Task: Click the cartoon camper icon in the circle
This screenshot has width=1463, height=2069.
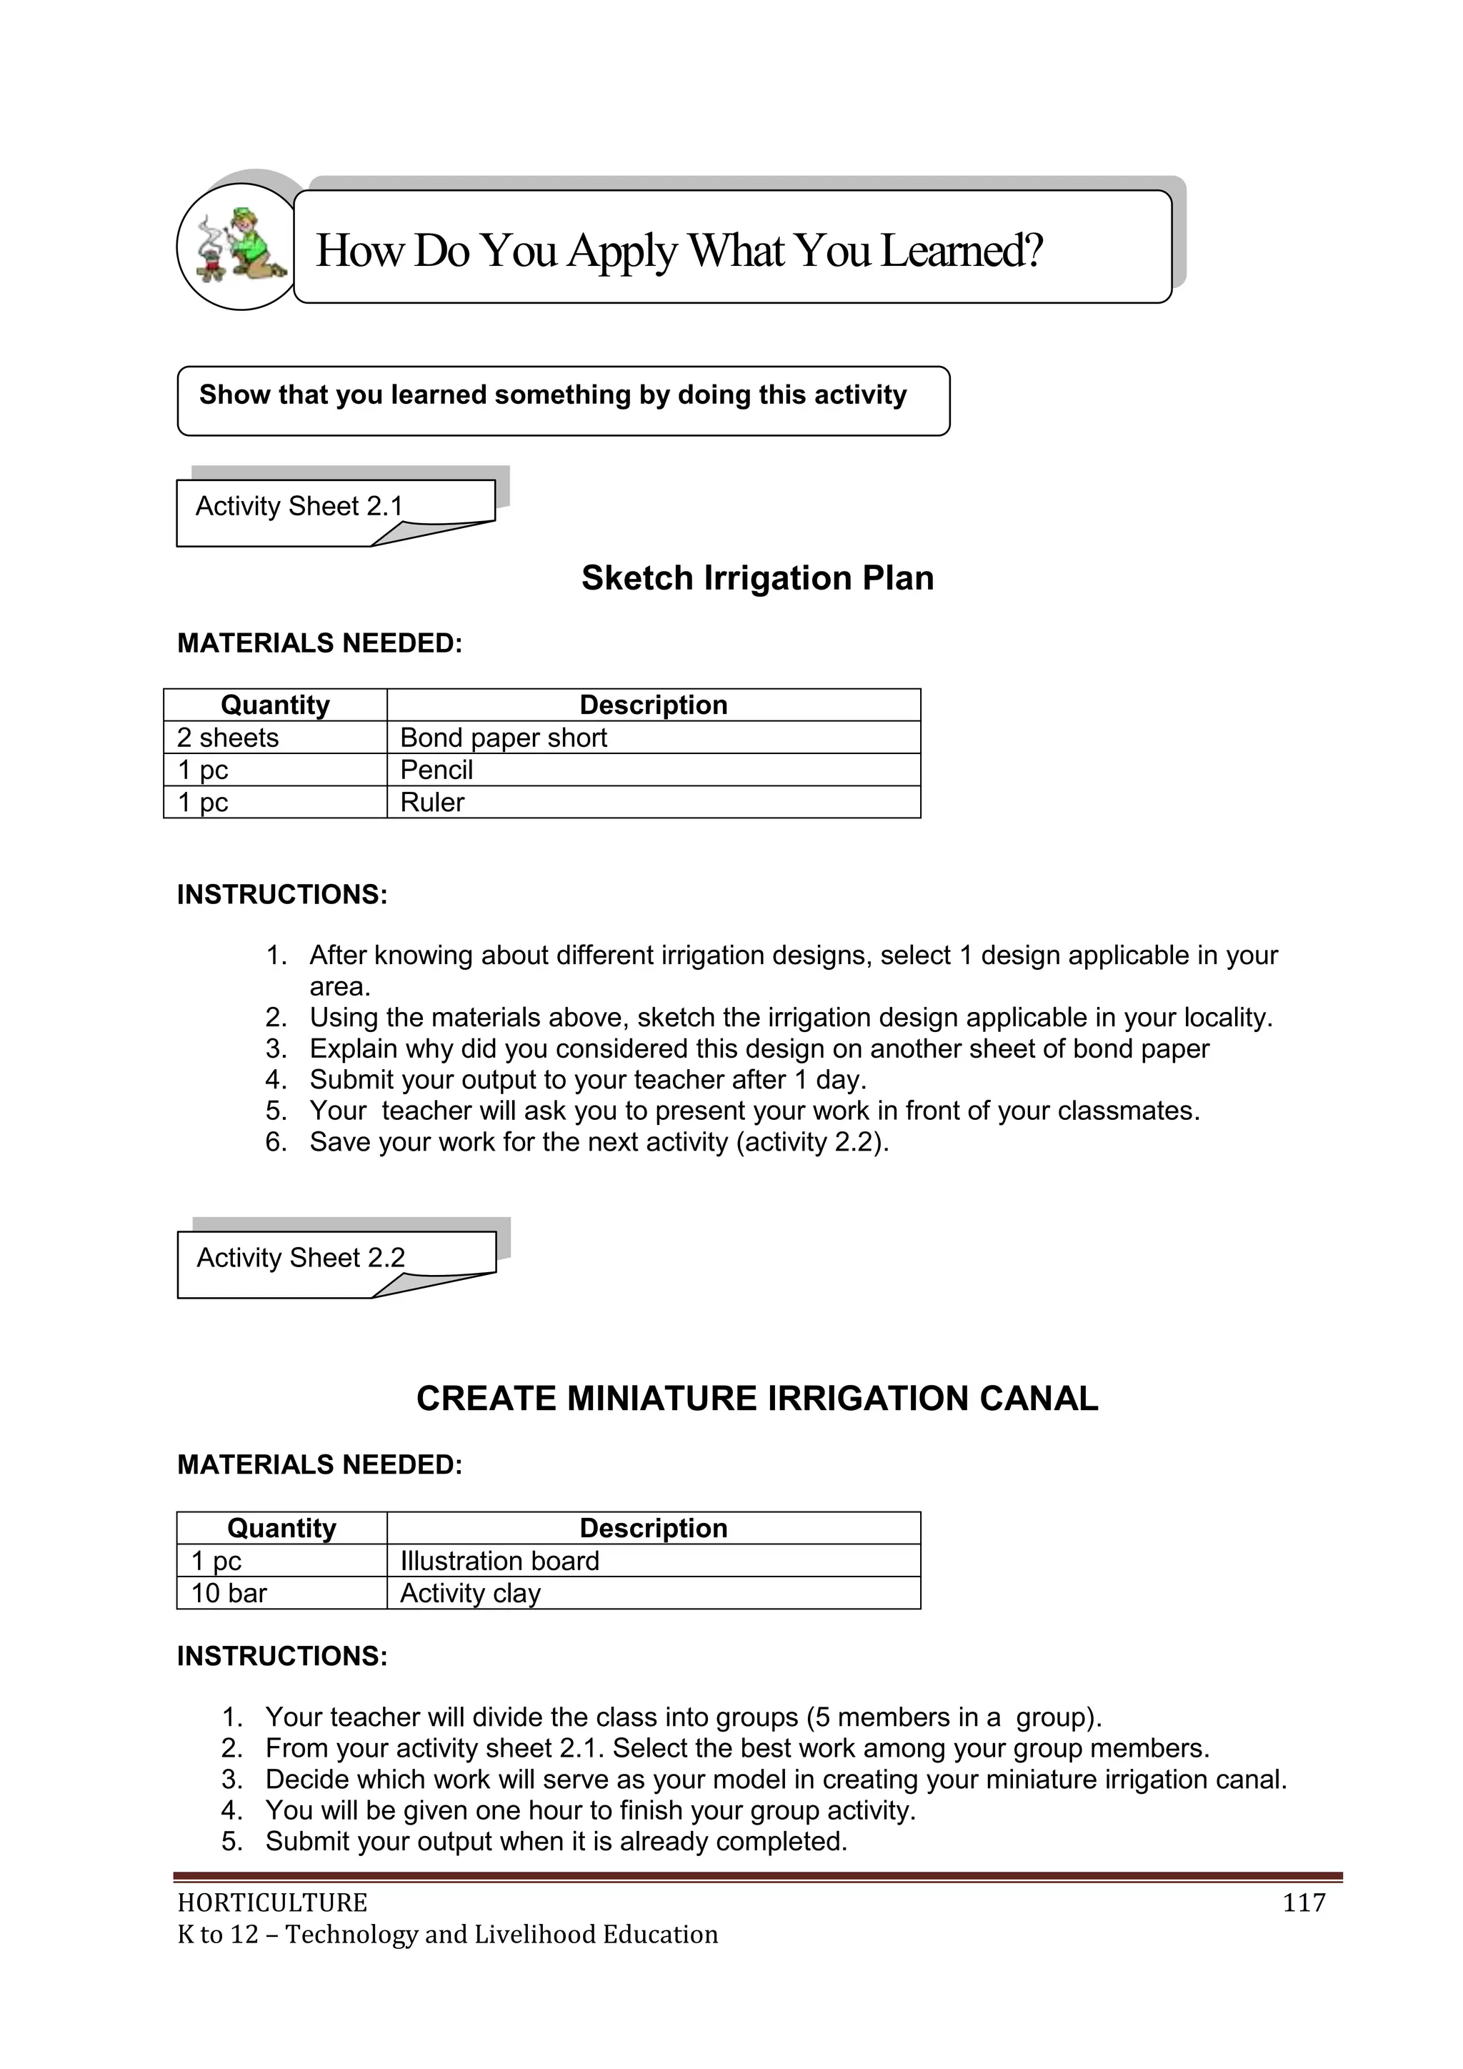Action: point(239,246)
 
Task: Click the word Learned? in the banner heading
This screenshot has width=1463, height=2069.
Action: point(962,251)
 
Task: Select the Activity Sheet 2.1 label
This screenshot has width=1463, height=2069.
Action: point(299,507)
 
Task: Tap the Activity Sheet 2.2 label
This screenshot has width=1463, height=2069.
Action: point(301,1258)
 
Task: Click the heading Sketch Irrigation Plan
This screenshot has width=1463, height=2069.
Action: point(757,578)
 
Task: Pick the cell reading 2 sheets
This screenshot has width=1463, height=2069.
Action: point(228,738)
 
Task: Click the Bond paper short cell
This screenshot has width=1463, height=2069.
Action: point(503,738)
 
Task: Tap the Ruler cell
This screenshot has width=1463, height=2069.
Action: point(432,803)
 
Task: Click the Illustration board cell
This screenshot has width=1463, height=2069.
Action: point(499,1561)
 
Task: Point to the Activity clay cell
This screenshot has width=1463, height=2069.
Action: point(470,1593)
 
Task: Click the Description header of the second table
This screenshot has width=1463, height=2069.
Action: point(653,1528)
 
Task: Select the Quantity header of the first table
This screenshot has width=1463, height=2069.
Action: point(275,705)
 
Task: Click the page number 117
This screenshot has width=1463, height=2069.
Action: point(1303,1903)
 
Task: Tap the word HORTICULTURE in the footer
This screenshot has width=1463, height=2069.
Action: point(272,1903)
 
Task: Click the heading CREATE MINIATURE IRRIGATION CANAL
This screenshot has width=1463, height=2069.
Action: point(757,1399)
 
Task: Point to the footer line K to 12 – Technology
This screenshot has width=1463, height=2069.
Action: point(446,1935)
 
